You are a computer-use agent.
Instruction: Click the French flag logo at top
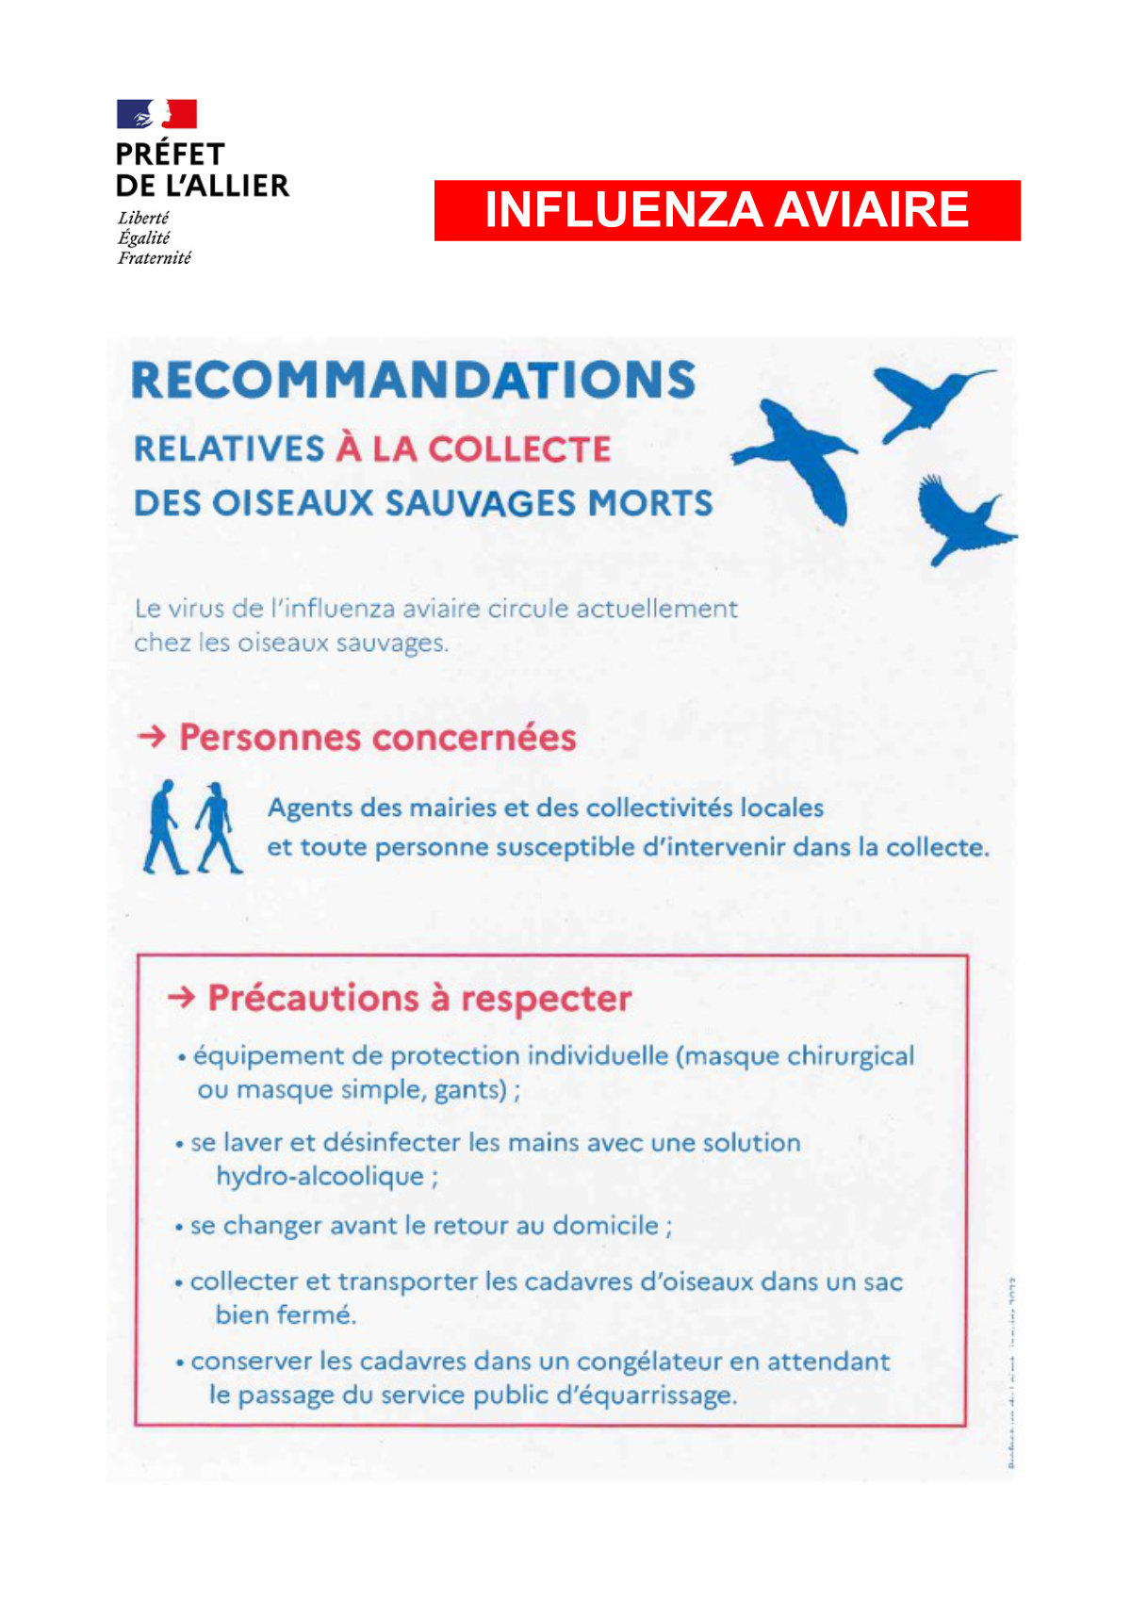156,114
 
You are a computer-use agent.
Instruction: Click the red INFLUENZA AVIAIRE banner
727,210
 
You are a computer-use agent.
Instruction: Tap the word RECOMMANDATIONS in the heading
414,381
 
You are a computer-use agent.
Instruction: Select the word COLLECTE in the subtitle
519,449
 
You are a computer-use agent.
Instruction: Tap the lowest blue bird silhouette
959,520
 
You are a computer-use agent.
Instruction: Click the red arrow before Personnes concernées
151,736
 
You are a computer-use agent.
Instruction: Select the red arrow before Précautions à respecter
181,997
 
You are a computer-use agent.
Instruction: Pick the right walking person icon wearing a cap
218,826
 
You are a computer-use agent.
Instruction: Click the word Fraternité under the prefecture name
154,258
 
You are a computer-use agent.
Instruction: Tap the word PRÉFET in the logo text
171,154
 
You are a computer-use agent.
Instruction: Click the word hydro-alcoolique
320,1177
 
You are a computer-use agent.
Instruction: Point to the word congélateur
649,1362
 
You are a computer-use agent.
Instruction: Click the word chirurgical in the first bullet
849,1056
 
